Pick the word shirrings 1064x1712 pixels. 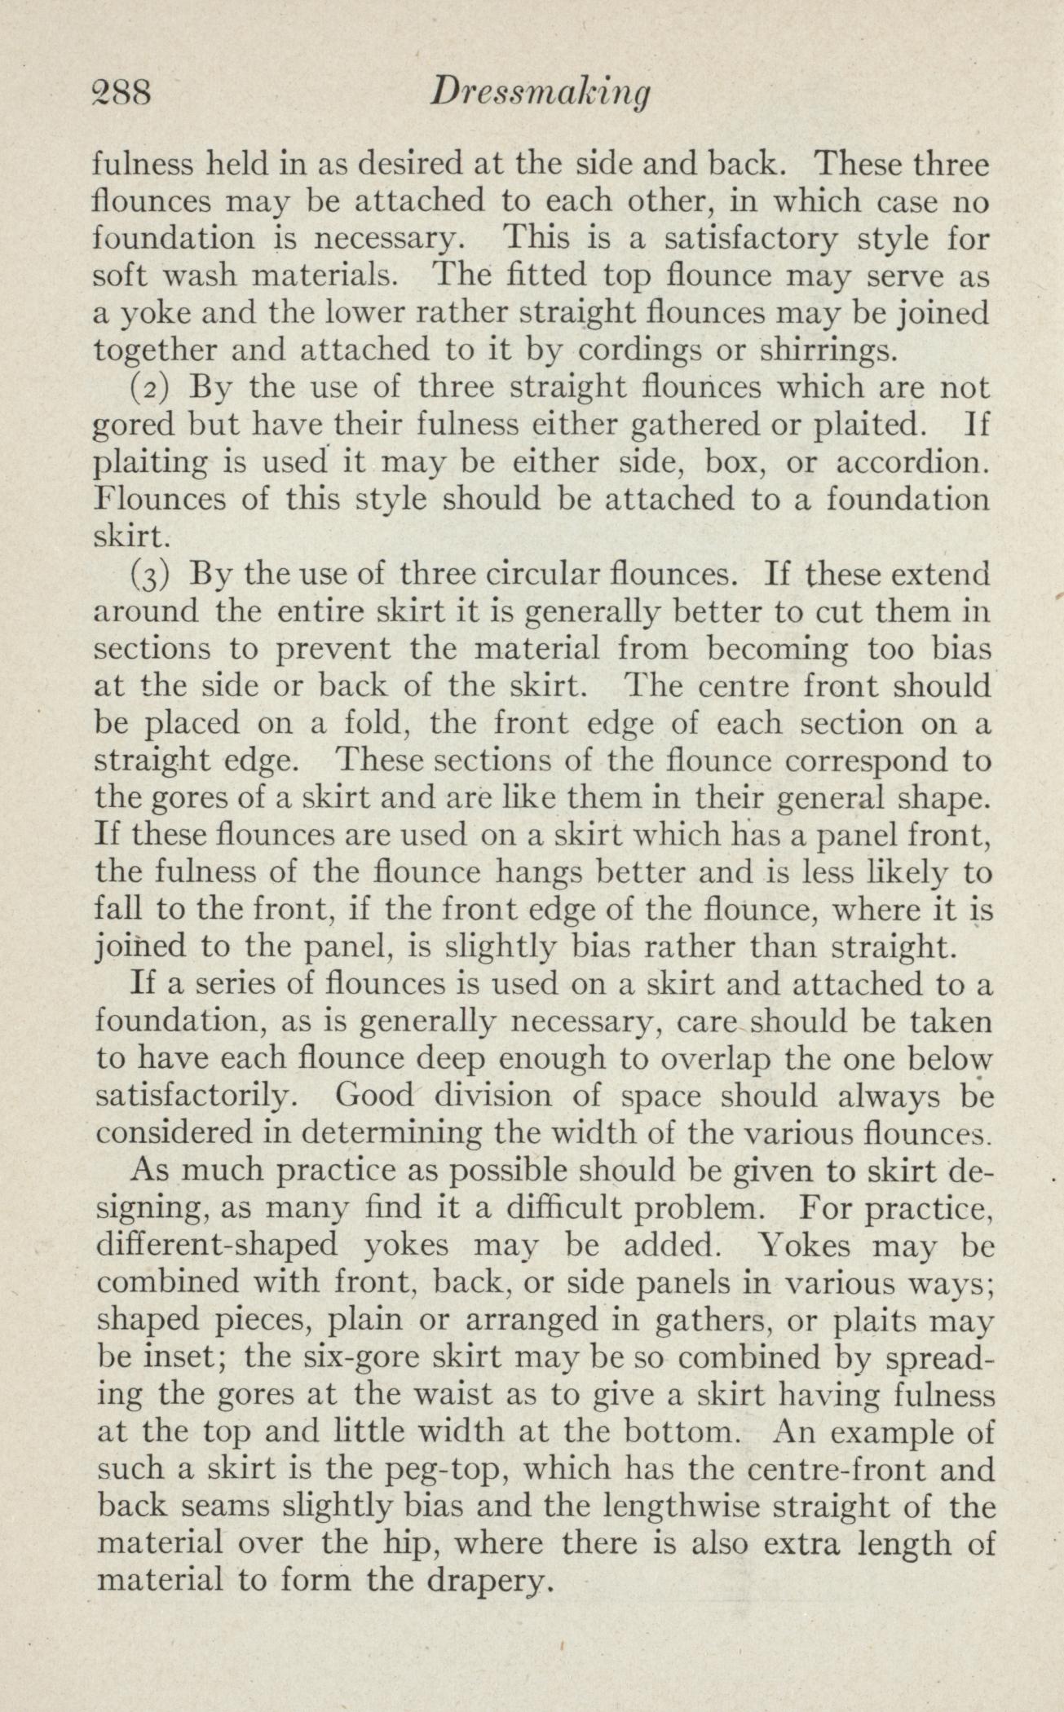(x=828, y=350)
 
